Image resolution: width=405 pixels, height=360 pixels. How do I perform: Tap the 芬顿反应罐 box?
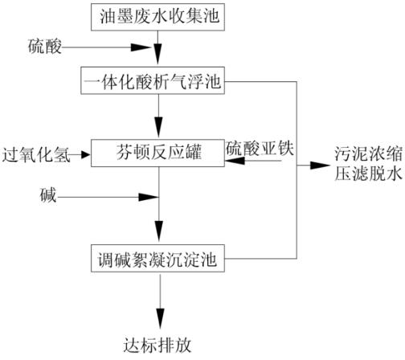click(158, 150)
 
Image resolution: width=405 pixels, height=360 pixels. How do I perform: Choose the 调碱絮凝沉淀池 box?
click(158, 260)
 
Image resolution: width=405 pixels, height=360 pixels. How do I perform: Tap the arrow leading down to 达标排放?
click(158, 301)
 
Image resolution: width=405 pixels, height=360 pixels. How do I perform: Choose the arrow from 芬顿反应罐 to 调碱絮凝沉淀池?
click(158, 209)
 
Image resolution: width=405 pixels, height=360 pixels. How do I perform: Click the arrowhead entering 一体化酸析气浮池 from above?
click(158, 62)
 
